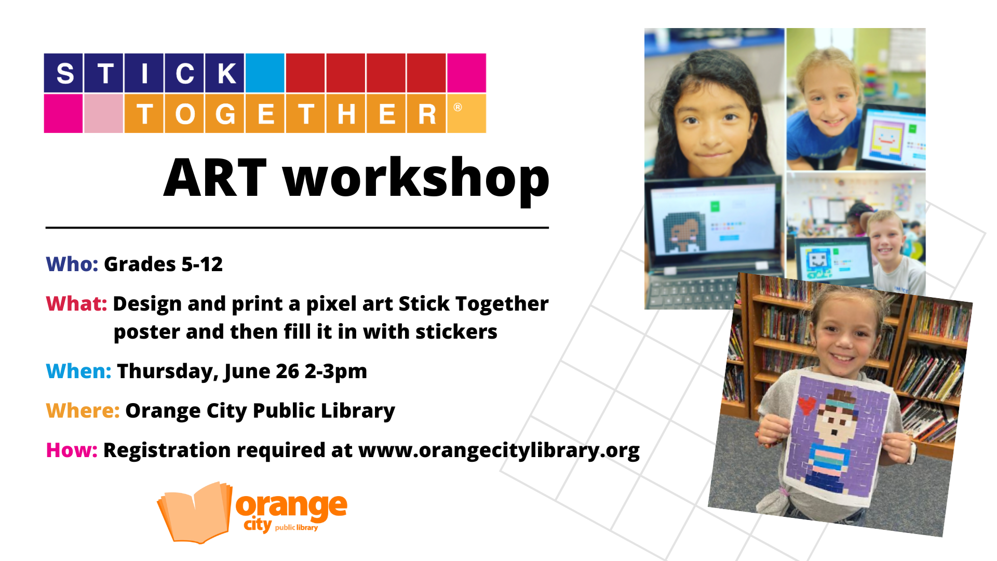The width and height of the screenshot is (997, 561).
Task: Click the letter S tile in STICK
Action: (x=63, y=73)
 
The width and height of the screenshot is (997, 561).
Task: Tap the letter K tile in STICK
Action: (x=225, y=73)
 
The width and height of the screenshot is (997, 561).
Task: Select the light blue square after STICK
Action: (x=265, y=73)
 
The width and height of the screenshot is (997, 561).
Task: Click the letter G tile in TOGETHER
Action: (x=225, y=113)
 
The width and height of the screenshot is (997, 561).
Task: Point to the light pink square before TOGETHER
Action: (x=103, y=113)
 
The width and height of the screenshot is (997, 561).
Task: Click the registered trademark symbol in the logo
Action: (x=457, y=107)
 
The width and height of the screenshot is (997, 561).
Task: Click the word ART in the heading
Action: (x=215, y=178)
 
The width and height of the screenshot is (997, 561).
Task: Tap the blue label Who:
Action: (x=72, y=264)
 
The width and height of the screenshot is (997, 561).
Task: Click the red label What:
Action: (x=76, y=304)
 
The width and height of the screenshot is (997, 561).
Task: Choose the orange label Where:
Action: (x=83, y=411)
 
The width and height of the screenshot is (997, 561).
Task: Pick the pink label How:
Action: (x=72, y=450)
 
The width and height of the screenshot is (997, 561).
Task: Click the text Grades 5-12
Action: (x=163, y=264)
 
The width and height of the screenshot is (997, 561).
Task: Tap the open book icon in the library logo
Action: (x=195, y=513)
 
